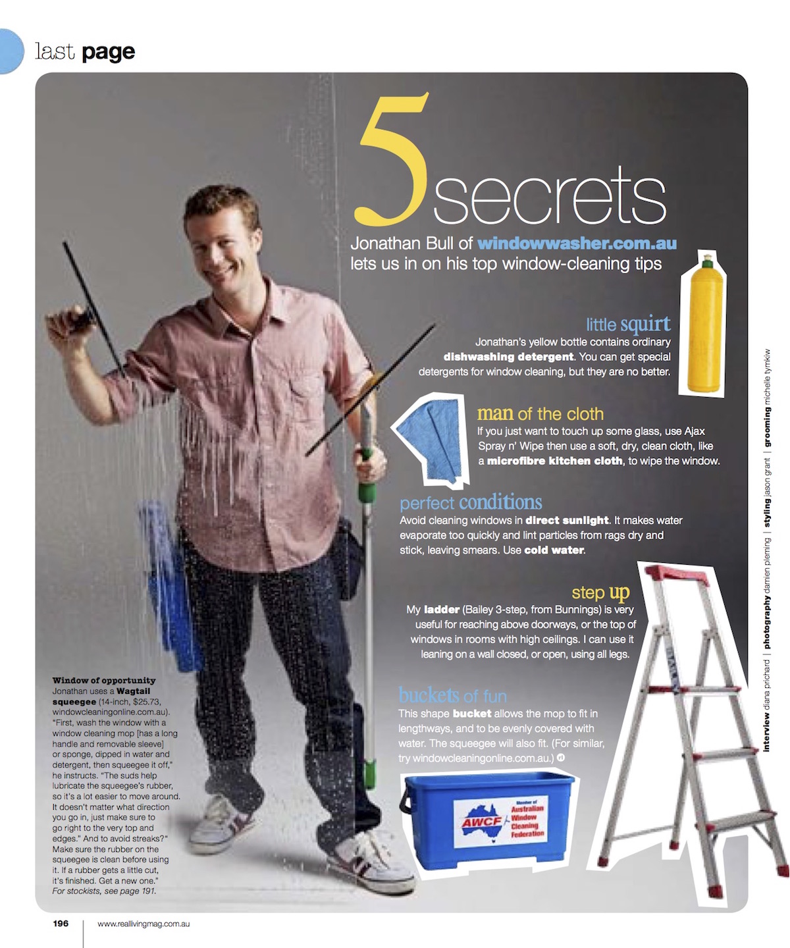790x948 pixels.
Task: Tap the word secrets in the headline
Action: (x=549, y=196)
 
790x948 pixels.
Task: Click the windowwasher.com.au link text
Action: (x=577, y=244)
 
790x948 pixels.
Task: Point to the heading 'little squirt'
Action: (x=628, y=324)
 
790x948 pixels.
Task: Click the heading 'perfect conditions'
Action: (x=471, y=503)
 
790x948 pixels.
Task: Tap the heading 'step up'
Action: (x=600, y=592)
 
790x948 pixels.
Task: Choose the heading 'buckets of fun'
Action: (x=452, y=696)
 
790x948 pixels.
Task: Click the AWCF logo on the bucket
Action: (x=482, y=822)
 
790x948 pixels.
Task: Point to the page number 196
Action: (x=61, y=924)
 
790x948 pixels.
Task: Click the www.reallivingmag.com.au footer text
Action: (x=144, y=924)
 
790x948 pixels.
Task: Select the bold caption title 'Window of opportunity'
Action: (x=104, y=681)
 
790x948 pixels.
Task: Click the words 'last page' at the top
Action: (x=85, y=51)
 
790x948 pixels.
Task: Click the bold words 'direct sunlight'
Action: (x=567, y=520)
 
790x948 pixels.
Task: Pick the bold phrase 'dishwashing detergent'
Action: (x=508, y=357)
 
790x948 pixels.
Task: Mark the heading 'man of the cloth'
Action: (x=540, y=413)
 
